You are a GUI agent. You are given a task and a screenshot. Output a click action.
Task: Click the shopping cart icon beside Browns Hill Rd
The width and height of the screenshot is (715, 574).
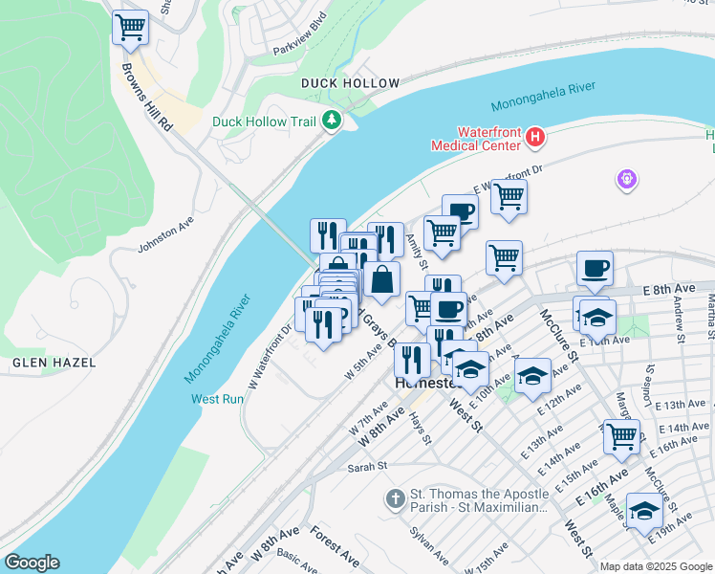[130, 27]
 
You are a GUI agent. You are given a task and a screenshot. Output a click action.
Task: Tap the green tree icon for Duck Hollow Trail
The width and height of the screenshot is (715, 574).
[332, 121]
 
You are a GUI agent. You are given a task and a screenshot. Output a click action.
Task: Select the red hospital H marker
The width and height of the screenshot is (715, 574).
[535, 138]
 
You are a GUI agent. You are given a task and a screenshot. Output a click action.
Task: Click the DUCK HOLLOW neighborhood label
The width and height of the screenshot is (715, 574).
[350, 83]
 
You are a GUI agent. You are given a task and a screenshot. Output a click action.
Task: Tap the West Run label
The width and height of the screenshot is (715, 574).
[217, 399]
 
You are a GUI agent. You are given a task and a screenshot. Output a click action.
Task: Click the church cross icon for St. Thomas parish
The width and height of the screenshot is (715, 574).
[395, 498]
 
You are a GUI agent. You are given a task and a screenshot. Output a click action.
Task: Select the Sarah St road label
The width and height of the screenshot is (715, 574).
[366, 466]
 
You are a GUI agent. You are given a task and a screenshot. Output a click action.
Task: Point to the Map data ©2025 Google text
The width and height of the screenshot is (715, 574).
[656, 566]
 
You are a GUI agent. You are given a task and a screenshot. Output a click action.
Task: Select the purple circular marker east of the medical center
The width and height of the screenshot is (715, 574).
[627, 179]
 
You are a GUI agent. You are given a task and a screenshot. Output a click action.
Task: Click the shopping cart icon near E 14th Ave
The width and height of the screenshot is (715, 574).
[621, 435]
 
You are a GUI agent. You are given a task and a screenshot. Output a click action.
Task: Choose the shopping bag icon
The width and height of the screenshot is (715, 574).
[381, 279]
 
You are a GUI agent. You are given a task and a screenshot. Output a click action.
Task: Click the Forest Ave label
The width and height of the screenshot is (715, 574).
[334, 541]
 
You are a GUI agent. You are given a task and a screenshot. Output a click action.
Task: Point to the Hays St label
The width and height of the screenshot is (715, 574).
[422, 428]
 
